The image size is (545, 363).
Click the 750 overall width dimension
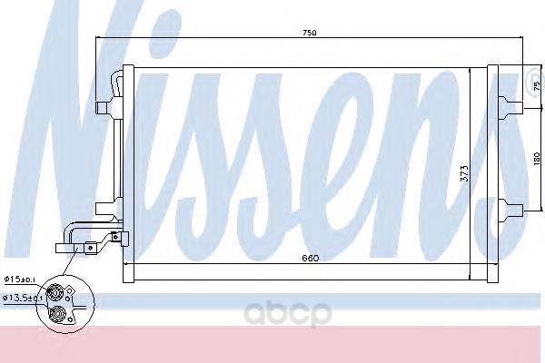[x=310, y=33]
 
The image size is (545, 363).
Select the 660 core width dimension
[x=310, y=258]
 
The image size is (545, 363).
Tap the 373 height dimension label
[x=464, y=173]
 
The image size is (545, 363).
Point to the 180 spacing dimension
[x=537, y=159]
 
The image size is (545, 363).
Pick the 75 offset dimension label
[x=536, y=84]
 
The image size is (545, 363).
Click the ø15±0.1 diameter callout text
[x=19, y=280]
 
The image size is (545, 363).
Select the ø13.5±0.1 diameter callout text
[x=22, y=298]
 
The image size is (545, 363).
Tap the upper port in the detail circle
[x=54, y=291]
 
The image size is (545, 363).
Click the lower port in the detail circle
[x=56, y=315]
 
